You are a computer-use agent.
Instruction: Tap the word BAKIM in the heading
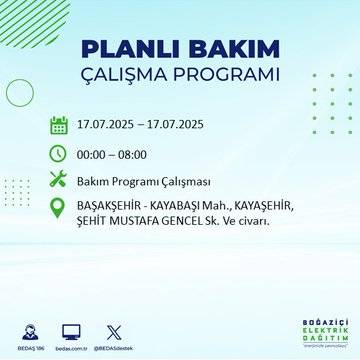click(x=226, y=49)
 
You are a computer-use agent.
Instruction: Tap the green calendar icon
click(x=58, y=125)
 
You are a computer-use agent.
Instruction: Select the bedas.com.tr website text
click(x=71, y=348)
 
